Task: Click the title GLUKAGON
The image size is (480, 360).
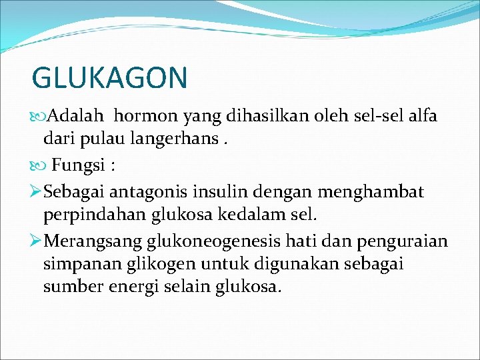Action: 110,78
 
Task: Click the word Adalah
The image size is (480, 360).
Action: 76,116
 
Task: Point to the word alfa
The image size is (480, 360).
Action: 419,116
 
